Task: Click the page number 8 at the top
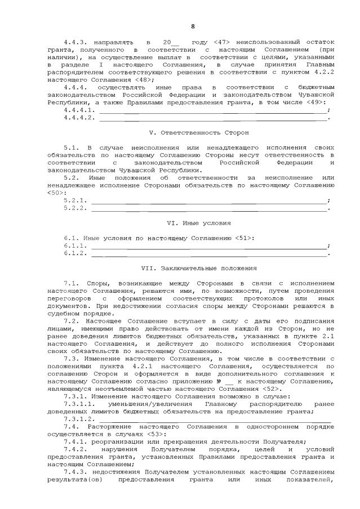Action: tap(193, 26)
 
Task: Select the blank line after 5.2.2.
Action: tap(208, 208)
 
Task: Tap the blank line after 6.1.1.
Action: tap(208, 247)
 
